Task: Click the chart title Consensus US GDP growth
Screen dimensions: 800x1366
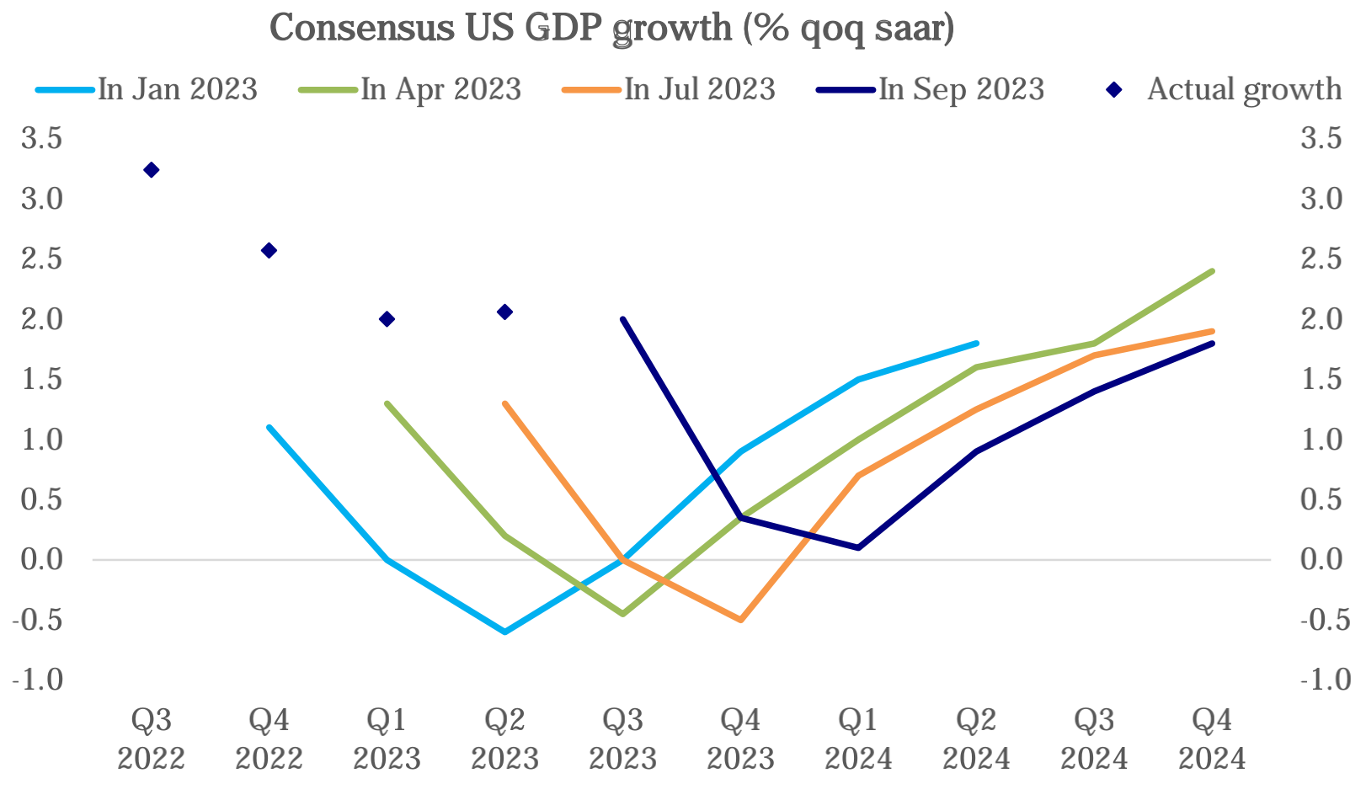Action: pos(611,28)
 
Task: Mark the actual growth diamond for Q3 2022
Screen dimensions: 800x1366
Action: pos(152,170)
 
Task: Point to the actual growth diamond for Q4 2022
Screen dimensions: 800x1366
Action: pos(269,250)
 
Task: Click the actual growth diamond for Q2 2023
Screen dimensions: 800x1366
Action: pos(505,312)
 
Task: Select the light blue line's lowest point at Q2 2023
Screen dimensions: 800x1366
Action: pos(505,632)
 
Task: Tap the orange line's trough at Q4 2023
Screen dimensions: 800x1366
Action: pos(741,620)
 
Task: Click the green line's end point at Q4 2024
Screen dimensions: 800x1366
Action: pos(1212,271)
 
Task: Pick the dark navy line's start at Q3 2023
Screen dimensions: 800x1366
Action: pos(623,319)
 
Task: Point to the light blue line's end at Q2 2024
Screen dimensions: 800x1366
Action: pos(977,344)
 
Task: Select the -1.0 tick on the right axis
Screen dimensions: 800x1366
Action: pos(1326,680)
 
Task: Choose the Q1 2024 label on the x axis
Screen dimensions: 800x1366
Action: pos(858,739)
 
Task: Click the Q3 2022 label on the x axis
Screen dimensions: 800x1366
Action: pos(152,739)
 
